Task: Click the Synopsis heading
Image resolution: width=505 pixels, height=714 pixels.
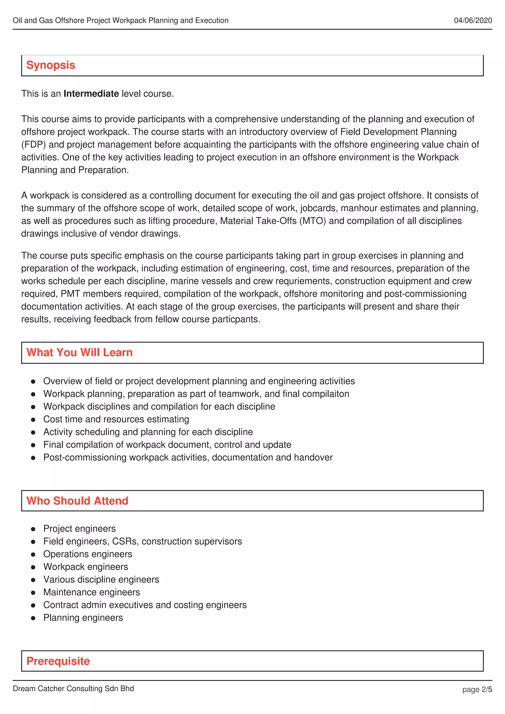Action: [51, 65]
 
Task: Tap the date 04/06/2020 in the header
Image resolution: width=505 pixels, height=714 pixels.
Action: [473, 20]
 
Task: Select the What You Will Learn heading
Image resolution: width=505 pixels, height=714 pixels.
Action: [79, 352]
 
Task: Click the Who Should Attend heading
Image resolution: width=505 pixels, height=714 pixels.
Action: [77, 501]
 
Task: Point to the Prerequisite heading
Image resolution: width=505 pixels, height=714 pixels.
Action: [58, 661]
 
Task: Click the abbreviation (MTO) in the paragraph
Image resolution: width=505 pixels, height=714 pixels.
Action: [312, 221]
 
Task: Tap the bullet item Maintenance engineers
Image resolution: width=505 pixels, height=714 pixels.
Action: [91, 592]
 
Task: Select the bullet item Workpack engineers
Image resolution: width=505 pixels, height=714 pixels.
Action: [86, 567]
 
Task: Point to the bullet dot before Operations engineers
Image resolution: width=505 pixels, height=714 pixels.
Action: [33, 554]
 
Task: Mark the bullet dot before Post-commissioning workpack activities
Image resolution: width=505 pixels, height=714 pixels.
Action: [33, 458]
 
